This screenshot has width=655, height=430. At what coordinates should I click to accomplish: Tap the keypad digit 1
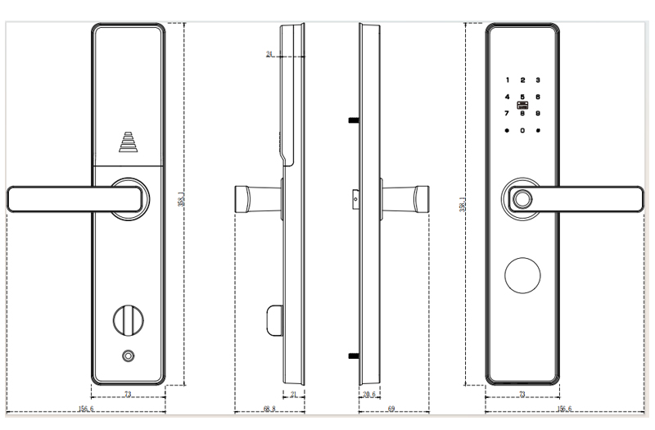click(507, 80)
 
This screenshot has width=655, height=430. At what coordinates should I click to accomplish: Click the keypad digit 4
click(507, 97)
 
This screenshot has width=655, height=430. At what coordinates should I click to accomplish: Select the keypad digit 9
click(538, 113)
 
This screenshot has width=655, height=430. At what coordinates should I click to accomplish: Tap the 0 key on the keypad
click(522, 130)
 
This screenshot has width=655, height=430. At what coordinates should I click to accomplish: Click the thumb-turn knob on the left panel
click(128, 318)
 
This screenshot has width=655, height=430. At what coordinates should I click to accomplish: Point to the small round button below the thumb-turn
click(128, 355)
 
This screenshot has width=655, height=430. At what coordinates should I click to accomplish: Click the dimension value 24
click(269, 55)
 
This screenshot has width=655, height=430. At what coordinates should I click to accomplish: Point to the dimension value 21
click(294, 395)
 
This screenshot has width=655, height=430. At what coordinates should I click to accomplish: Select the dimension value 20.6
click(368, 395)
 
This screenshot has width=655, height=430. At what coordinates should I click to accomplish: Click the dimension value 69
click(391, 408)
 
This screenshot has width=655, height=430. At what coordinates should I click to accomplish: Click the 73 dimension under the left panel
click(128, 395)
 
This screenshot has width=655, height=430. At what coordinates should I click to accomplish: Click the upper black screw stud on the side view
click(354, 120)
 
